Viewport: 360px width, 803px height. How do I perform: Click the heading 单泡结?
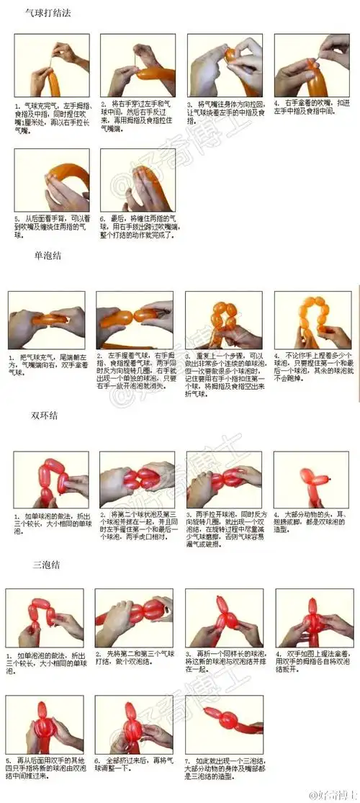coord(49,256)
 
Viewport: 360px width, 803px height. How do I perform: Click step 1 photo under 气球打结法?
coord(52,65)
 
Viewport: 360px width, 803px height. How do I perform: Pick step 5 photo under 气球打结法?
coord(52,180)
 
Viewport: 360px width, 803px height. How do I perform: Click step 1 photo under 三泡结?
coord(43,617)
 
